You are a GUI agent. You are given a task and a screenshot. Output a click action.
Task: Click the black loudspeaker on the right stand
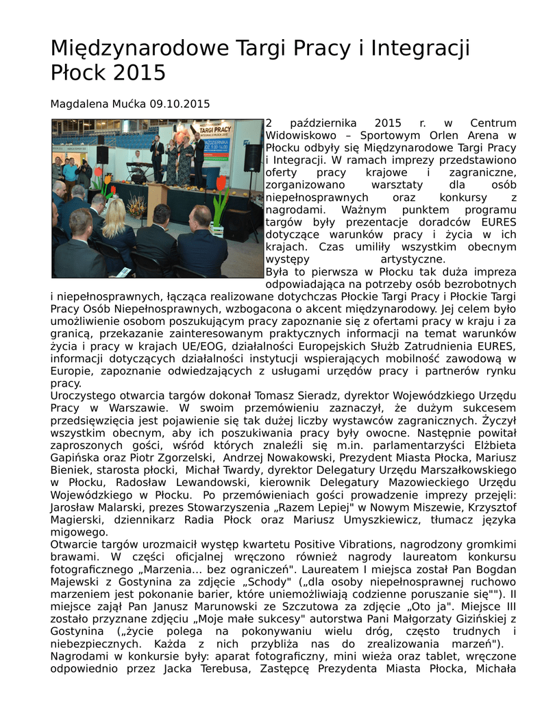(x=252, y=158)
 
